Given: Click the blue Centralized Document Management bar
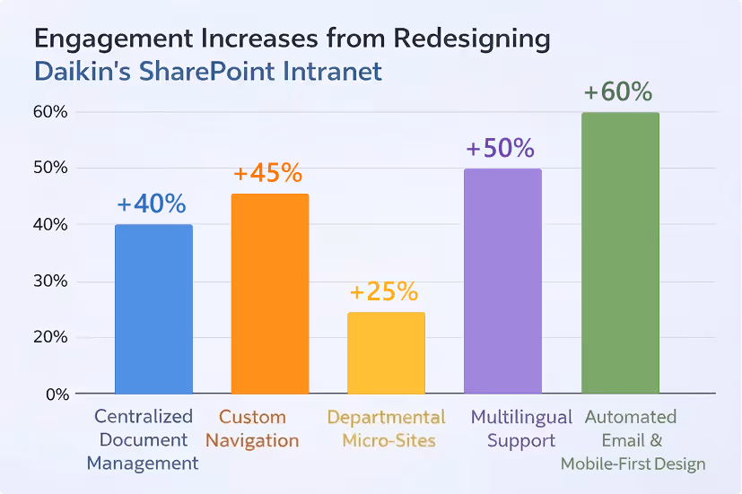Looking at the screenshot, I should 153,309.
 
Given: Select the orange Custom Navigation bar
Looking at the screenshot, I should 270,294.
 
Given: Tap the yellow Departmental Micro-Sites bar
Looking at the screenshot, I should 386,353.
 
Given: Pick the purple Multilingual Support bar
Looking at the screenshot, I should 502,282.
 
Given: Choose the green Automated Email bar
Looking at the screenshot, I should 620,253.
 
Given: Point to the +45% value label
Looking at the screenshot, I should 267,173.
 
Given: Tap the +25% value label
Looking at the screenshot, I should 384,292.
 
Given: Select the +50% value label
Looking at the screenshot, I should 501,148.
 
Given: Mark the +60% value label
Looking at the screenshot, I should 617,92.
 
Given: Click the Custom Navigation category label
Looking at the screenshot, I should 258,429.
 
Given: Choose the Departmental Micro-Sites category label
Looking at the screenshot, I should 386,429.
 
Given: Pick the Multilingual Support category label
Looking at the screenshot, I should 520,429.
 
